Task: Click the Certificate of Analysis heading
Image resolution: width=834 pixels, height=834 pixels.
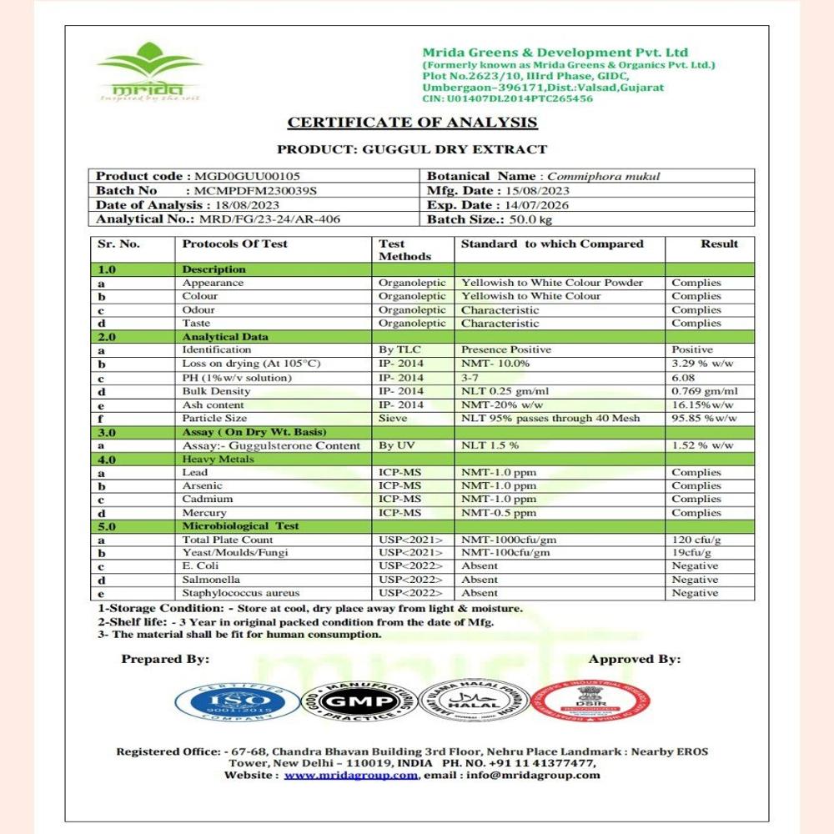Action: tap(412, 123)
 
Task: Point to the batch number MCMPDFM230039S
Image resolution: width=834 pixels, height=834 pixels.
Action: tap(255, 191)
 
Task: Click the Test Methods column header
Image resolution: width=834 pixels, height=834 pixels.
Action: tap(404, 249)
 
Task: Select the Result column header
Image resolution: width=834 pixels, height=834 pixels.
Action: tap(719, 244)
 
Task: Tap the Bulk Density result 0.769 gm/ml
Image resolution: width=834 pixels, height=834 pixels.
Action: tap(705, 391)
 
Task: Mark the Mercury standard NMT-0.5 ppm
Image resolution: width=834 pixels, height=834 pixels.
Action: tap(499, 513)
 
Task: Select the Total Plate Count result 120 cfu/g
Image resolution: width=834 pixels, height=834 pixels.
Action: tap(696, 540)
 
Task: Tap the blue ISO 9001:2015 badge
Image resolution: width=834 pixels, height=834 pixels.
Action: tap(238, 701)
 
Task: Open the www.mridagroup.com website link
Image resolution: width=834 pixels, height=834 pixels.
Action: tap(350, 775)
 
